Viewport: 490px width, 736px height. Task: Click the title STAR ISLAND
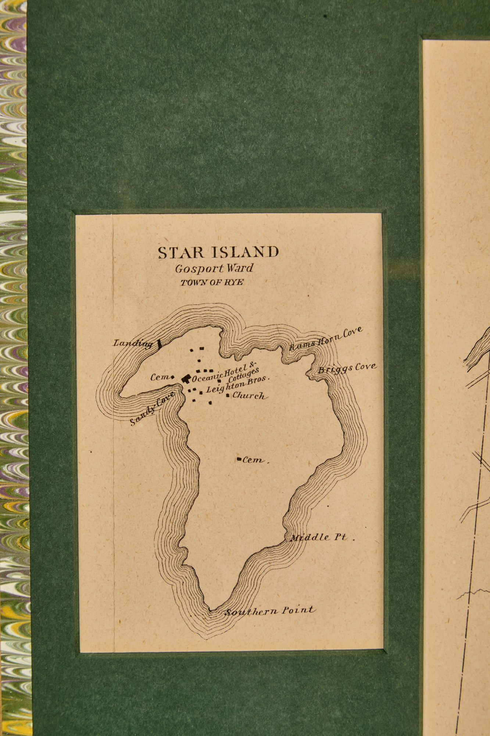[x=218, y=252]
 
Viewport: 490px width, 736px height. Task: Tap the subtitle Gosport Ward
[x=214, y=268]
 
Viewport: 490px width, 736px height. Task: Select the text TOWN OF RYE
[x=212, y=283]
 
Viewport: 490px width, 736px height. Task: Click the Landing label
[x=133, y=344]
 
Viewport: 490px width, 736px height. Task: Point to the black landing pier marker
[x=159, y=344]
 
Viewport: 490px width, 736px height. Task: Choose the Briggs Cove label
[x=347, y=368]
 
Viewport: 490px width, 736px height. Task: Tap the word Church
[x=248, y=396]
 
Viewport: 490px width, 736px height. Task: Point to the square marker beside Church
[x=228, y=395]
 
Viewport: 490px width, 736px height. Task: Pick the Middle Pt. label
[x=319, y=538]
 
